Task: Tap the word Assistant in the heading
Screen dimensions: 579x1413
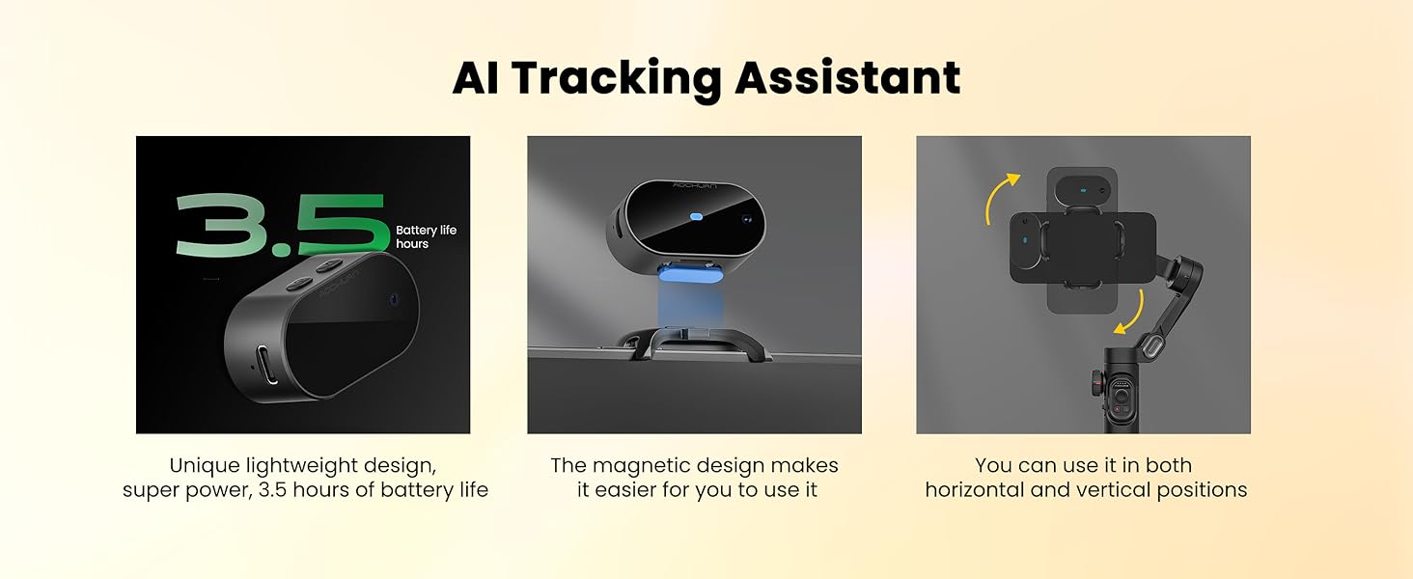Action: tap(848, 78)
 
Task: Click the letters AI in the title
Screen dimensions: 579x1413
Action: tap(476, 78)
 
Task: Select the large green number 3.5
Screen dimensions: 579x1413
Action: tap(281, 226)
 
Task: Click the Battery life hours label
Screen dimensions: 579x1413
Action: tap(426, 237)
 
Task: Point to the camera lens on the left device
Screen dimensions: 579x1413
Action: tap(391, 299)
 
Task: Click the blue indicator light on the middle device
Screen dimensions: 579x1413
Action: tap(695, 216)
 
